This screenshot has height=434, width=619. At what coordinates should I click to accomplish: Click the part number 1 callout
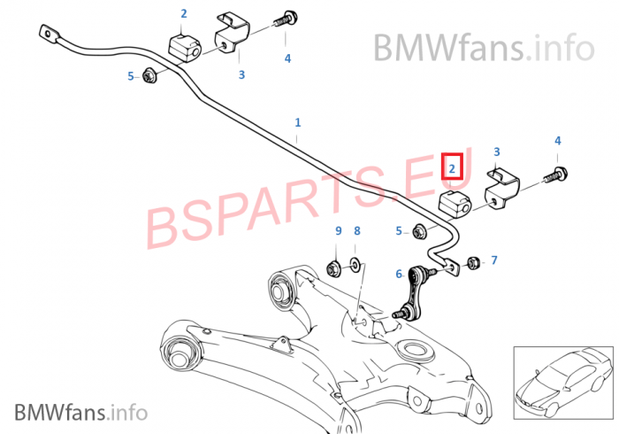(x=297, y=122)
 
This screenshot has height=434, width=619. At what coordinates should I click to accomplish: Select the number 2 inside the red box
(x=451, y=167)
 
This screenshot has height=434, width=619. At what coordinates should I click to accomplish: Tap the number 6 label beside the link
(x=399, y=275)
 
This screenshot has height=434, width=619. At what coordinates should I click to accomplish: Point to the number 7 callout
(x=493, y=260)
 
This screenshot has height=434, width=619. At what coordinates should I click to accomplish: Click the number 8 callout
(x=357, y=231)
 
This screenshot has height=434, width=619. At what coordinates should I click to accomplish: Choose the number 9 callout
(x=338, y=231)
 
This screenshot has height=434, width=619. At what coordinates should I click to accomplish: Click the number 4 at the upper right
(x=557, y=141)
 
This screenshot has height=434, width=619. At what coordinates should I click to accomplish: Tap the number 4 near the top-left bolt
(x=287, y=58)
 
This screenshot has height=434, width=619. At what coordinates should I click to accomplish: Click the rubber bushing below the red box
(x=453, y=204)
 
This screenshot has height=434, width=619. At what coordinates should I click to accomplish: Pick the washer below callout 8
(x=355, y=263)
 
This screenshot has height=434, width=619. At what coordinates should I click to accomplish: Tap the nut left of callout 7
(x=472, y=261)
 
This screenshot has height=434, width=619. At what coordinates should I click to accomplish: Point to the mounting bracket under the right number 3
(x=501, y=188)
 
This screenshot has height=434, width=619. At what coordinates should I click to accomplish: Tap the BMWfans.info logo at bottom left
(x=80, y=411)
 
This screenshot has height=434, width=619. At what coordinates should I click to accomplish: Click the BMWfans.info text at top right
(x=483, y=45)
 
